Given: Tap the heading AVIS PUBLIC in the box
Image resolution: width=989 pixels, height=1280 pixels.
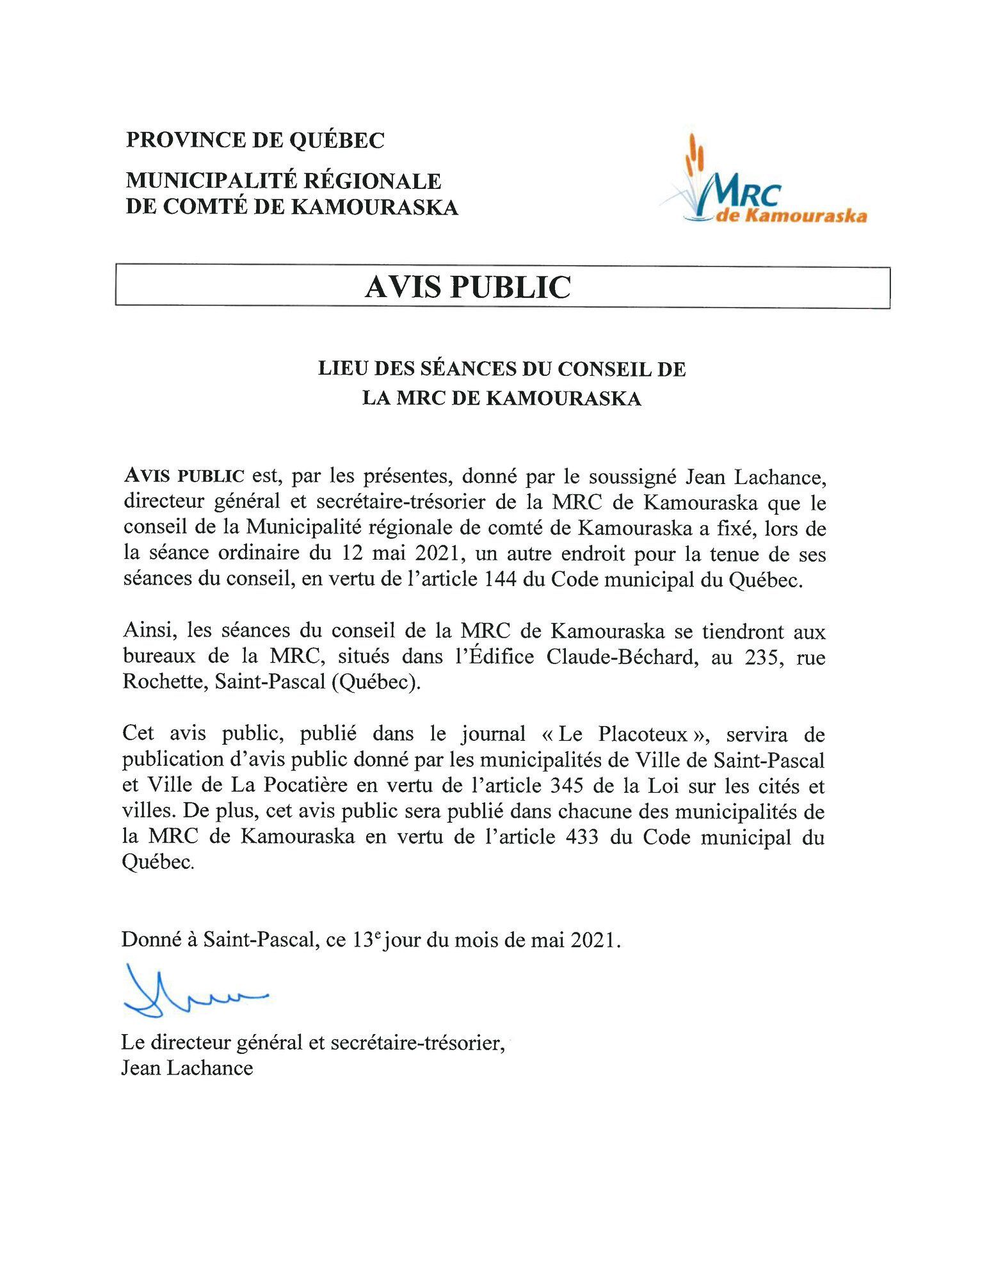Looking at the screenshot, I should pos(467,287).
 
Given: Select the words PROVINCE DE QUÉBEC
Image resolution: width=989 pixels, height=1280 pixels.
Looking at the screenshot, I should pos(255,140).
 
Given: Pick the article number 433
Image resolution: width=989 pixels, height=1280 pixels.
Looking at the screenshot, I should pos(582,837).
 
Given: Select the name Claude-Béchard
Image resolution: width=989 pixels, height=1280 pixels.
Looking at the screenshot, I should pos(620,658).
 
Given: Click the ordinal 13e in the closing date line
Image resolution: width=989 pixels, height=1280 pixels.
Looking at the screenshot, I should pos(367,940).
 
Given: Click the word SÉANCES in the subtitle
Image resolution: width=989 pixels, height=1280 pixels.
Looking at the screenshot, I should pos(464,369).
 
